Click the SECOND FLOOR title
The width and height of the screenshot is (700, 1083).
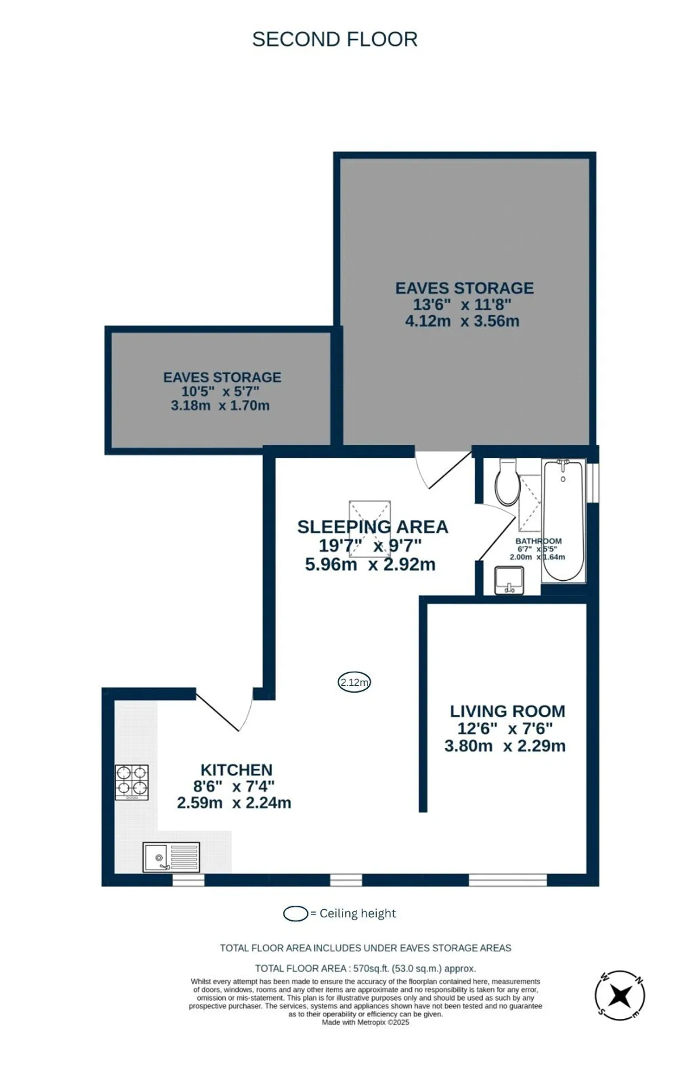pyautogui.click(x=335, y=40)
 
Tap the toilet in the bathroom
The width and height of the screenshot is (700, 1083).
pyautogui.click(x=507, y=482)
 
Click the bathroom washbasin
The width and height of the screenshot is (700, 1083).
pyautogui.click(x=509, y=580)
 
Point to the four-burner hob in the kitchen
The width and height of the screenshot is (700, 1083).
pyautogui.click(x=132, y=782)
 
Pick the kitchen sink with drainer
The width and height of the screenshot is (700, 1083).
pyautogui.click(x=171, y=857)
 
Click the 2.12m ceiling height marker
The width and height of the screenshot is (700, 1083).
pyautogui.click(x=355, y=682)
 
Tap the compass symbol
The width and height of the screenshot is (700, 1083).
pyautogui.click(x=620, y=996)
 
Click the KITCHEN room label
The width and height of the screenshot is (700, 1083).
pyautogui.click(x=236, y=770)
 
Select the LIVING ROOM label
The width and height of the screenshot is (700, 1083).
pyautogui.click(x=508, y=712)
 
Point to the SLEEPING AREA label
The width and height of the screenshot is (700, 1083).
pyautogui.click(x=373, y=527)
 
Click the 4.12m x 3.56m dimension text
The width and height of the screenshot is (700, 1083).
pyautogui.click(x=462, y=321)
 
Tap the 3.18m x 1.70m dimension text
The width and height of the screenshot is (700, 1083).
pyautogui.click(x=220, y=405)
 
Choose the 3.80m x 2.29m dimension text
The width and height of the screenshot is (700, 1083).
pyautogui.click(x=505, y=746)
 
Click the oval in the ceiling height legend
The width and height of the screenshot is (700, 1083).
pyautogui.click(x=296, y=914)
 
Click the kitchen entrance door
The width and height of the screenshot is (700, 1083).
pyautogui.click(x=225, y=710)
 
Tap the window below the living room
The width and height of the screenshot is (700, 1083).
pyautogui.click(x=508, y=880)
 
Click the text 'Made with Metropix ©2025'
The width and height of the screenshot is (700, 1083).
pyautogui.click(x=366, y=1022)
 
